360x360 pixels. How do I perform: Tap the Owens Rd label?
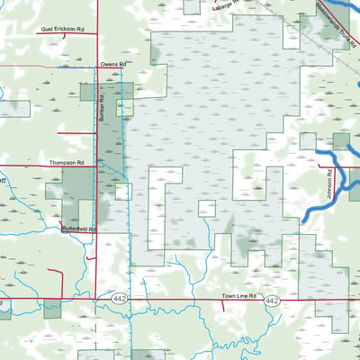tap(113, 66)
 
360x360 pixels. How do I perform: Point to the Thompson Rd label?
tap(67, 163)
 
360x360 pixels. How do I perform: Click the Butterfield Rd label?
tap(78, 229)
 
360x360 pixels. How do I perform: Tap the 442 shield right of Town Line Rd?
tap(274, 300)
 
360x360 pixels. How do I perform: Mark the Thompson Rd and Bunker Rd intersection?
tap(97, 167)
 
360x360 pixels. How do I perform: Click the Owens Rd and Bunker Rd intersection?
tap(97, 69)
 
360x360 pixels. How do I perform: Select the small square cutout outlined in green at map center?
tap(207, 209)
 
